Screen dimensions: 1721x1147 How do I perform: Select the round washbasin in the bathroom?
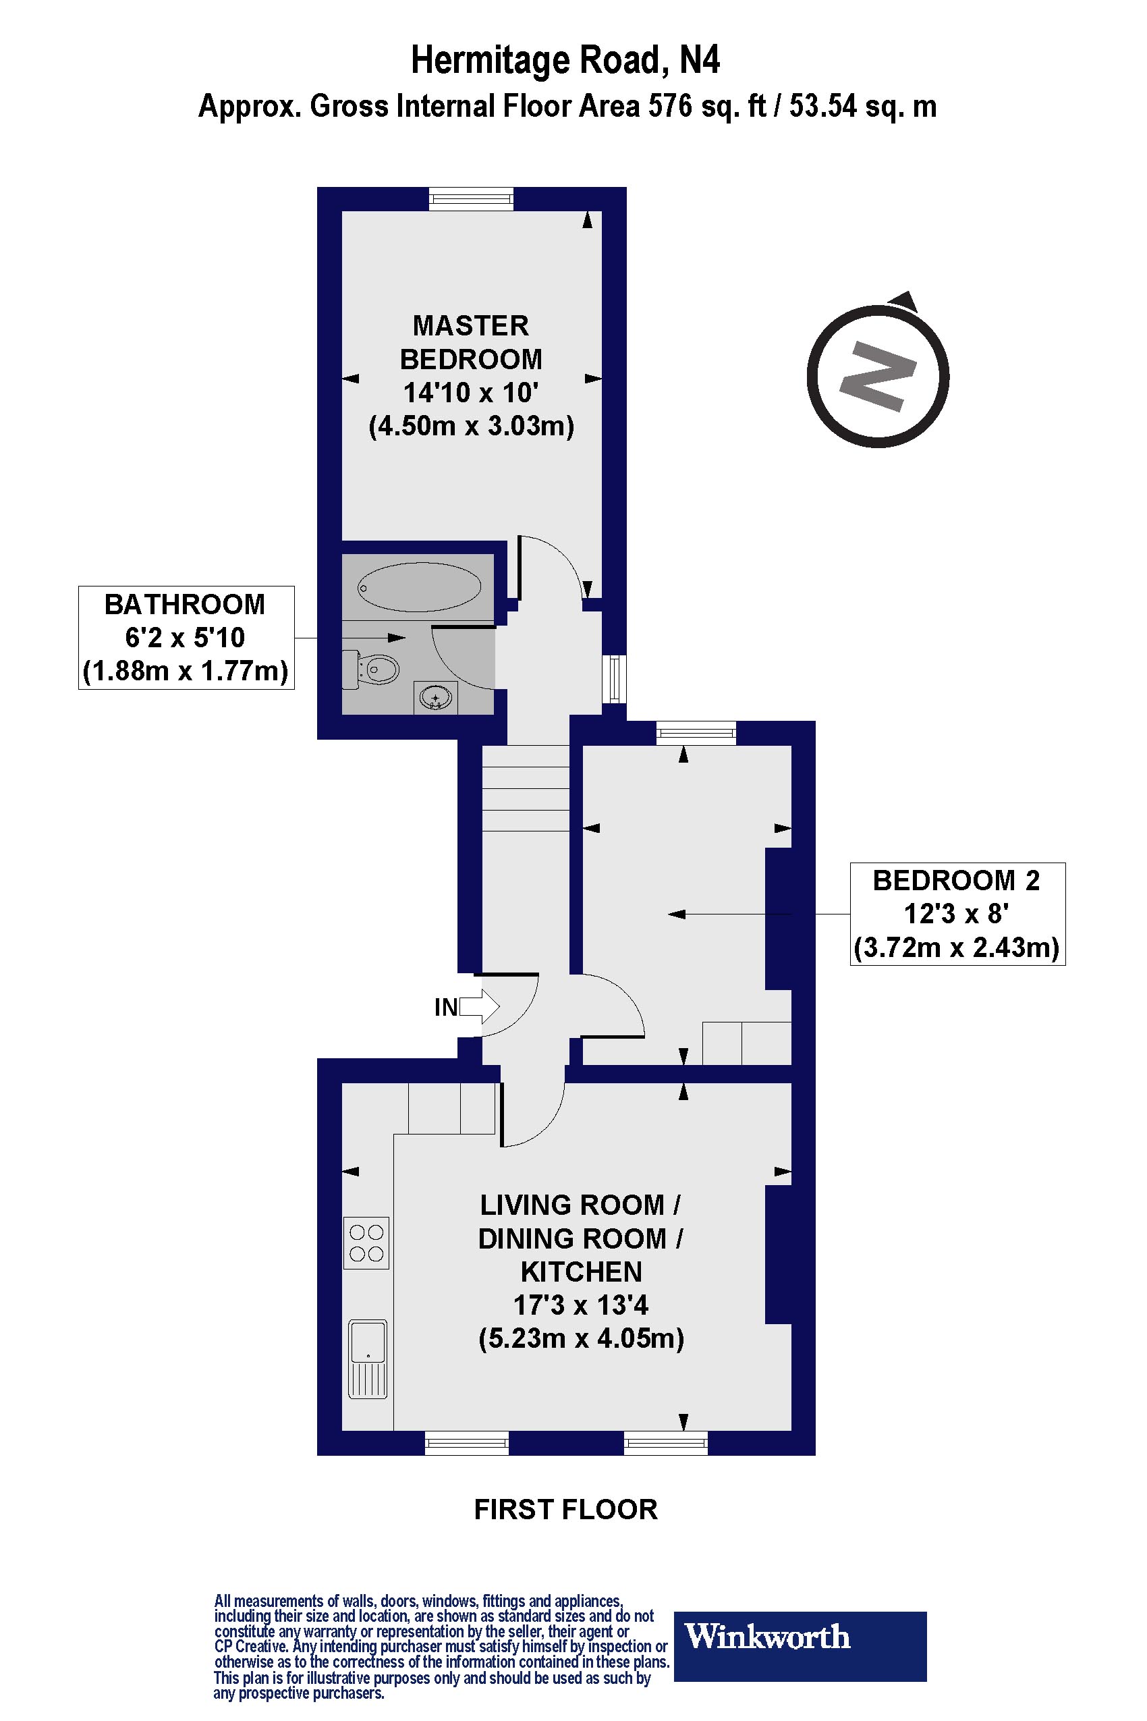[435, 698]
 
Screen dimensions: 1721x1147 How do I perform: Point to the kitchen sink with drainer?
[367, 1359]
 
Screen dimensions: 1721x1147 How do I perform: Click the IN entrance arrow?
[479, 1007]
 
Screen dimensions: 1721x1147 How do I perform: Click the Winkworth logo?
[800, 1636]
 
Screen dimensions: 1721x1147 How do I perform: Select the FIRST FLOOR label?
[565, 1510]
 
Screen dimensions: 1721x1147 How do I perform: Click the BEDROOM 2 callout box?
[957, 914]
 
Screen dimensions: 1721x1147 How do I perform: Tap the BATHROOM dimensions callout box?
[186, 637]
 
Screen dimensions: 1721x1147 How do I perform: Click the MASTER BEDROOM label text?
[471, 342]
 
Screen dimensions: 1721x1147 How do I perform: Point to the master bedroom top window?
[471, 198]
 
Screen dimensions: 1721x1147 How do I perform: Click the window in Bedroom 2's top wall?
[696, 732]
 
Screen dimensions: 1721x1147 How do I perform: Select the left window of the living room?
[467, 1443]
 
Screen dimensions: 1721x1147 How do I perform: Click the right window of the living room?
[666, 1443]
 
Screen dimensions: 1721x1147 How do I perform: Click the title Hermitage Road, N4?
[565, 60]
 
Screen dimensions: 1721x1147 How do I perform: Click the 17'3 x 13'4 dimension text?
[581, 1305]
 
